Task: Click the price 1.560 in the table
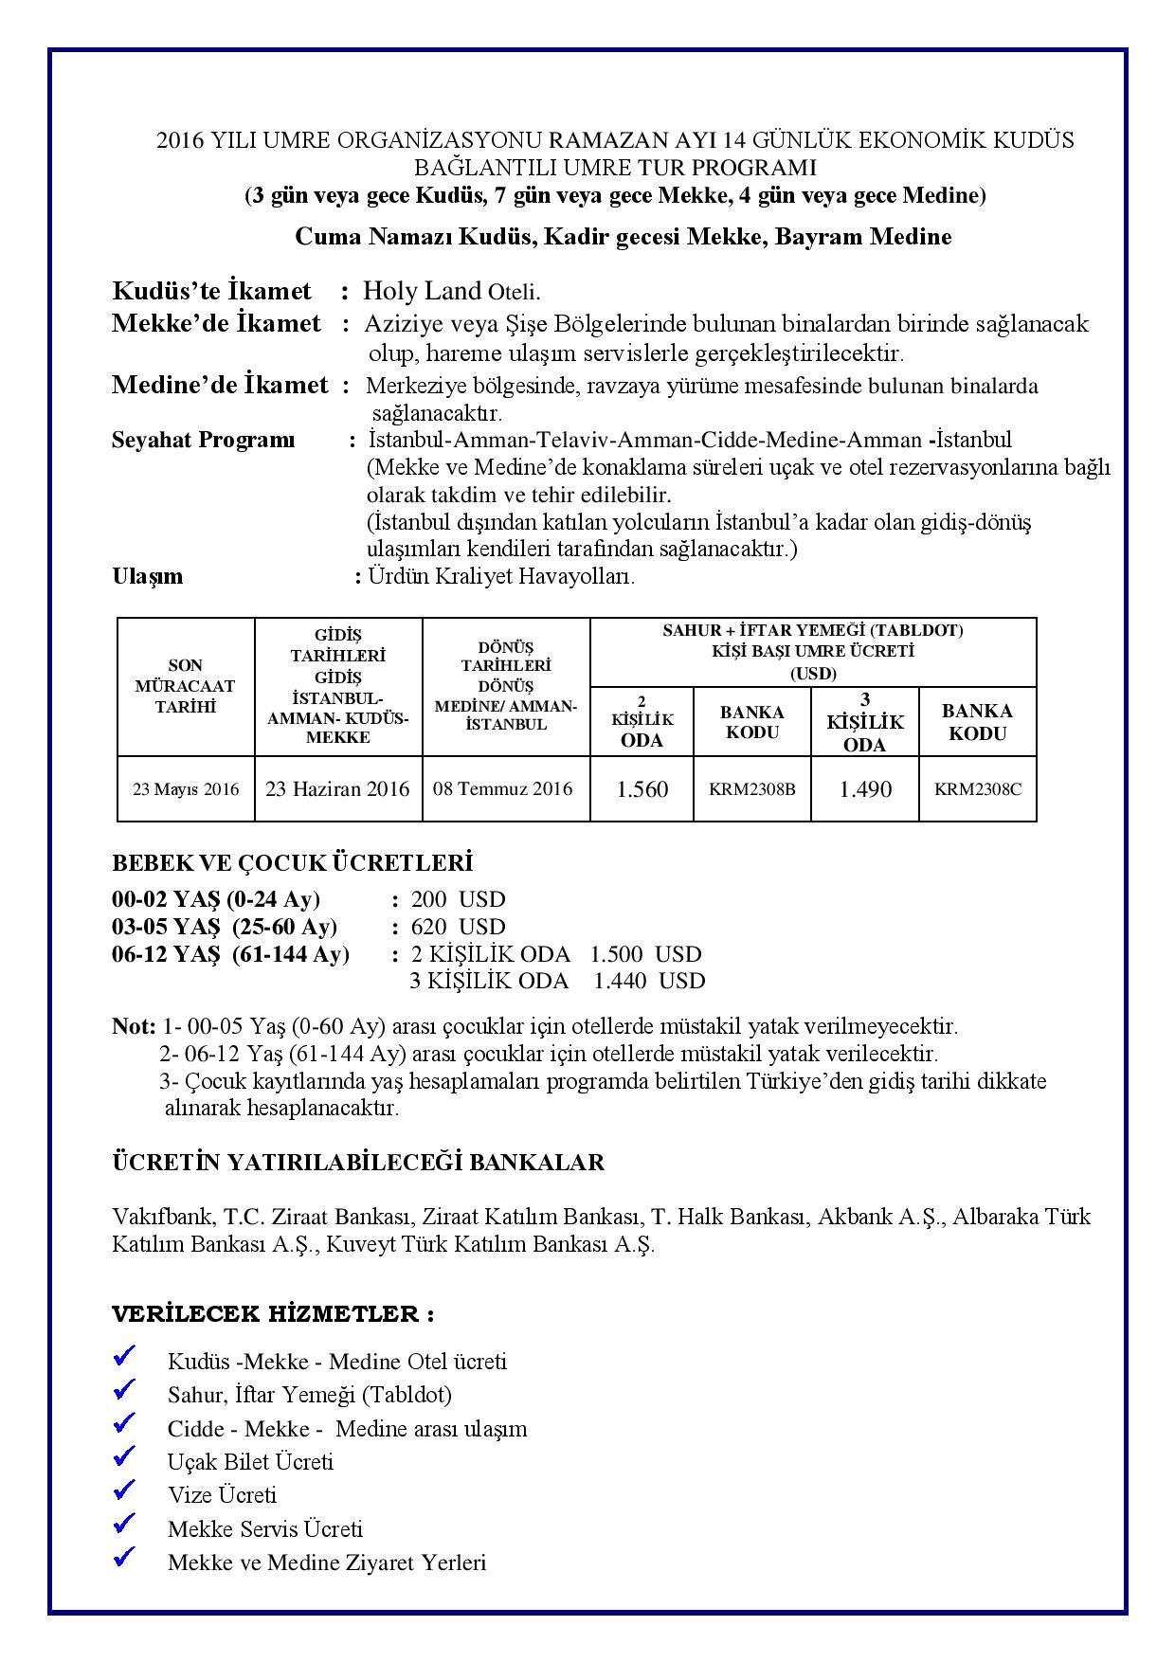[x=642, y=789]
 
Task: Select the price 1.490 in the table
[x=865, y=789]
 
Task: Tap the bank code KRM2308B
[x=752, y=788]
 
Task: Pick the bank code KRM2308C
[x=978, y=788]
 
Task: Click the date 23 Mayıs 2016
[x=186, y=788]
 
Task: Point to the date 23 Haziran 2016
[x=337, y=788]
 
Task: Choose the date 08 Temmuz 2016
[x=503, y=788]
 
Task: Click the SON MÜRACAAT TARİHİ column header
[x=186, y=686]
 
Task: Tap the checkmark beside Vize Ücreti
[x=124, y=1490]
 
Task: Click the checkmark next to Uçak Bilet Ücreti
[x=124, y=1457]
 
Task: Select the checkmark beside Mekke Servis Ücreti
[x=124, y=1525]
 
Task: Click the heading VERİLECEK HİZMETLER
[x=273, y=1314]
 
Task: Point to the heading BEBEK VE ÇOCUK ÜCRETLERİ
[x=292, y=863]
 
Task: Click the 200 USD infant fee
[x=459, y=899]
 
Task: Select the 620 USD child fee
[x=459, y=927]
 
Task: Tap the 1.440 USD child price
[x=649, y=981]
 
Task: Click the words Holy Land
[x=424, y=291]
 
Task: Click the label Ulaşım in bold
[x=148, y=576]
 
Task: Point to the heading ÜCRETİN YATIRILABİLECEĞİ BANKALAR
[x=358, y=1163]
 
